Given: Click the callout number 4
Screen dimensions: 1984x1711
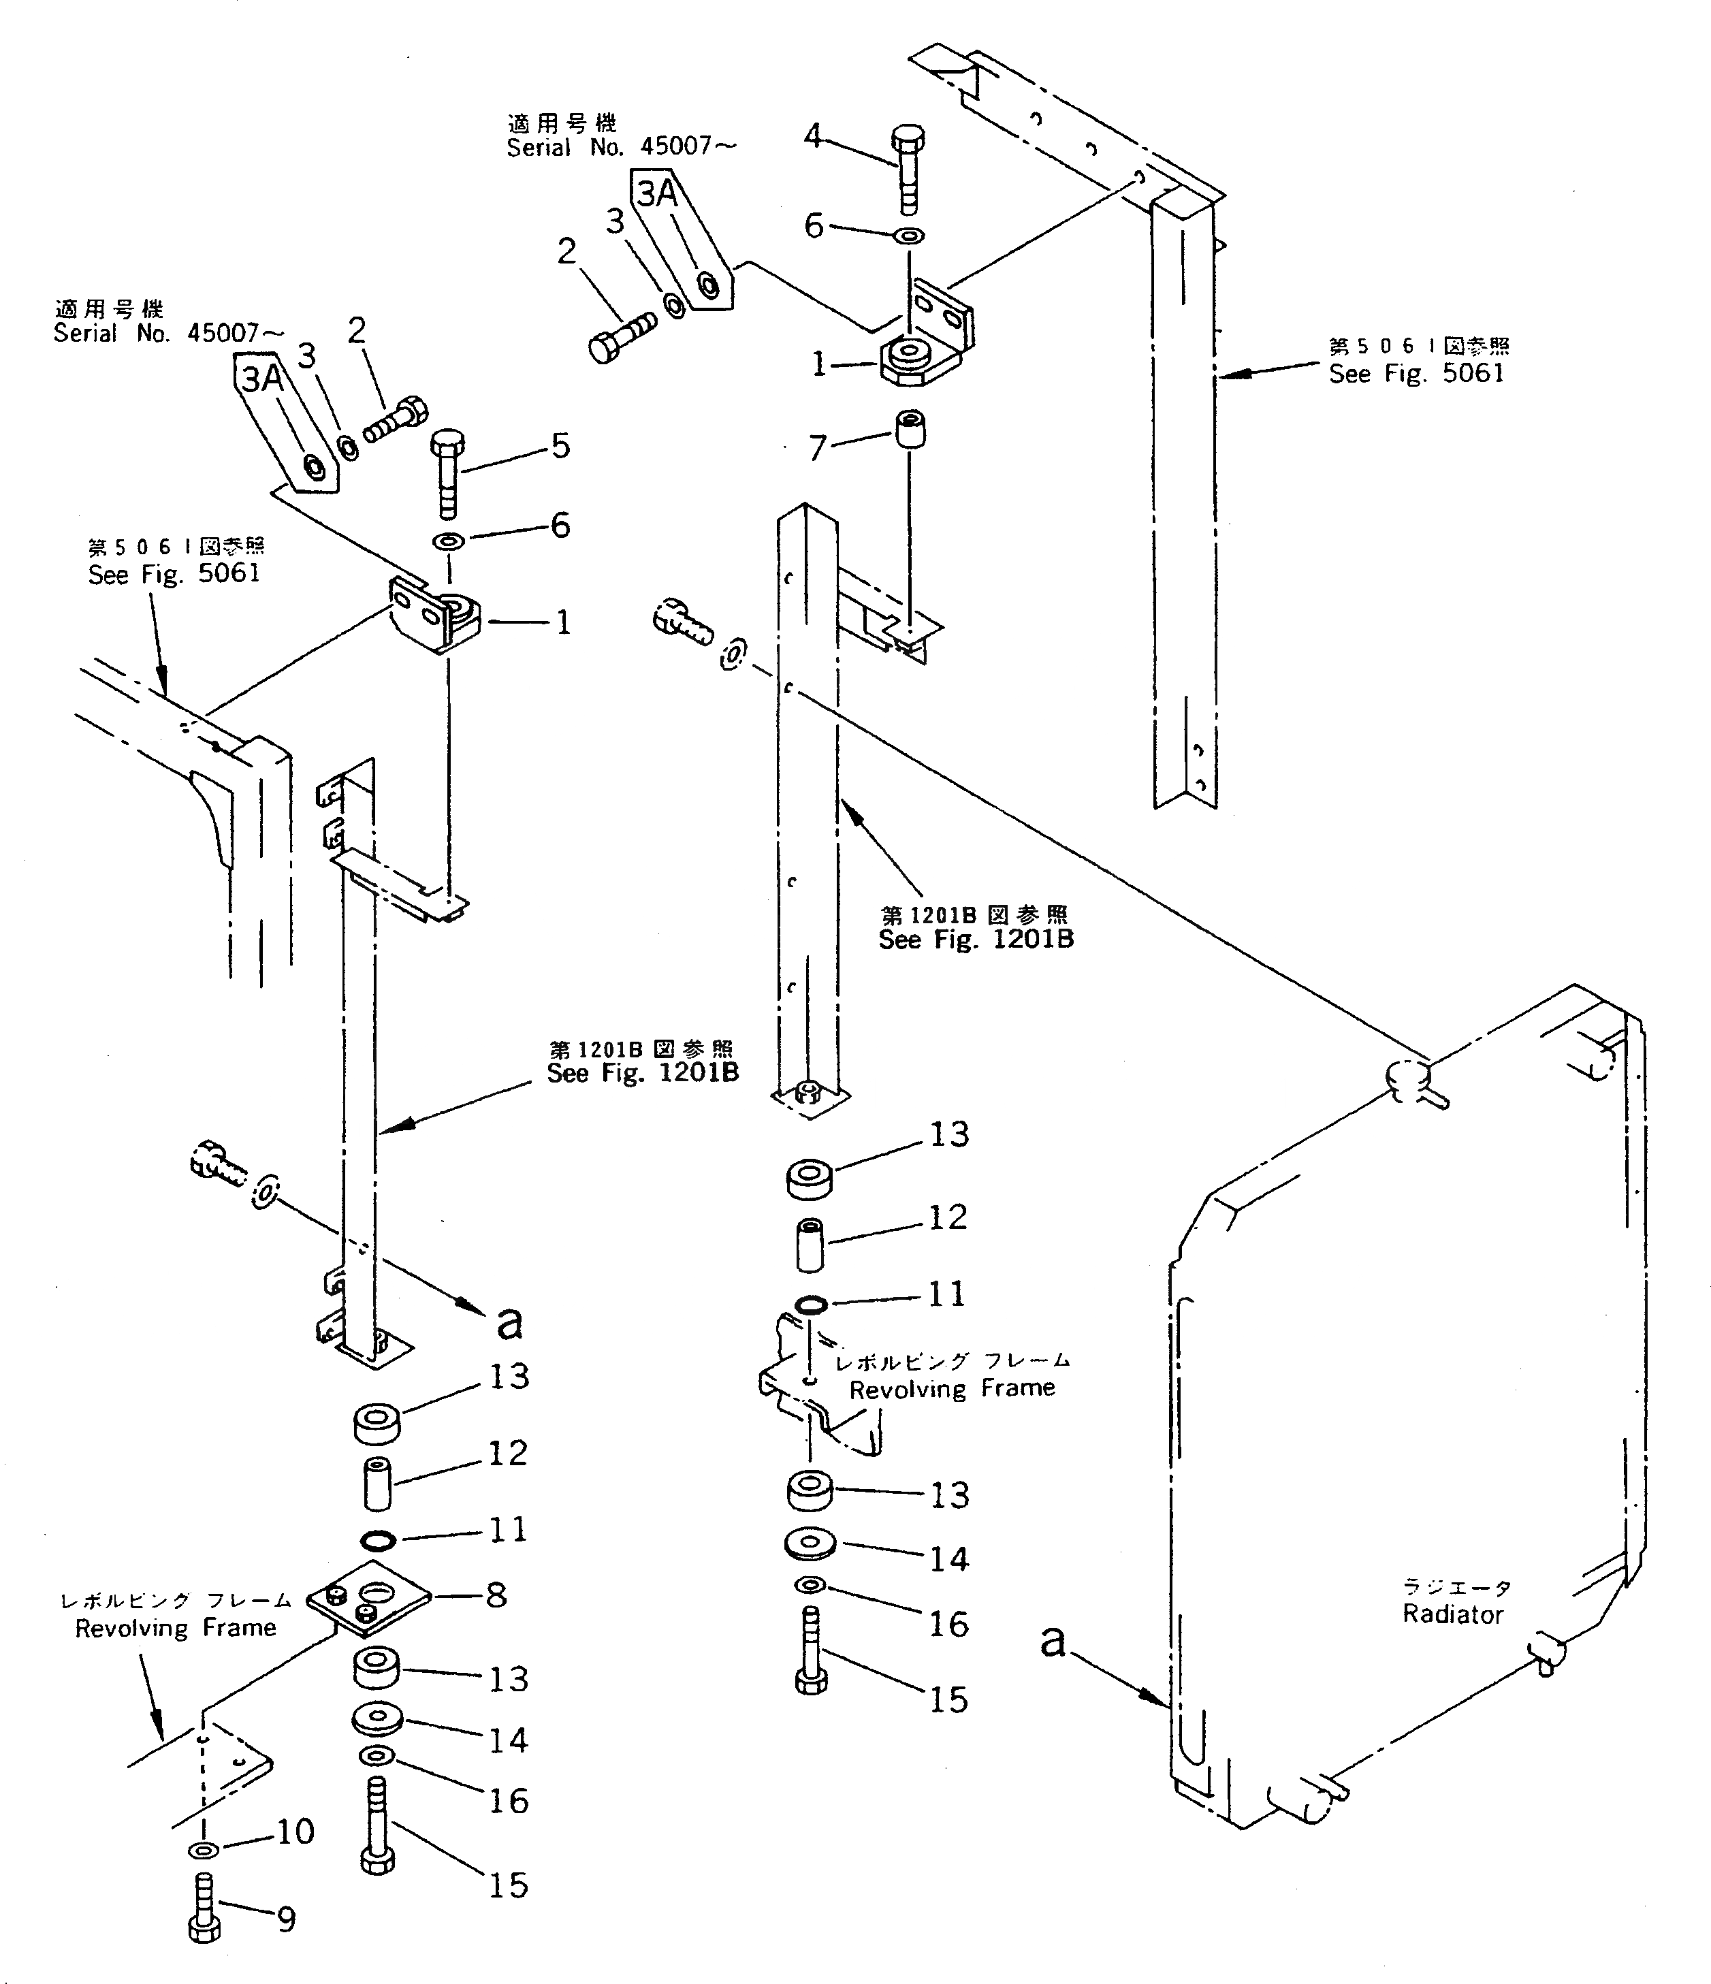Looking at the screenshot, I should coord(812,136).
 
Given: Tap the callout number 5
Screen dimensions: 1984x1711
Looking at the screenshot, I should coord(560,445).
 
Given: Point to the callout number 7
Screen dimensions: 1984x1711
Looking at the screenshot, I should coord(817,447).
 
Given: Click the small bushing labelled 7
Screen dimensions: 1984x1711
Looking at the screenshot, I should coord(910,429).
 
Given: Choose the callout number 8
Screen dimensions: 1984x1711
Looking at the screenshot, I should coord(496,1595).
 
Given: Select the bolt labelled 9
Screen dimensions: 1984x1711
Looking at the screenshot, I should coord(205,1908).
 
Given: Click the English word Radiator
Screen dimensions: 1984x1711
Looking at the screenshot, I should coord(1452,1614).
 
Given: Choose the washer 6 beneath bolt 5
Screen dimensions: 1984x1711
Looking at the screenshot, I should coord(448,541).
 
